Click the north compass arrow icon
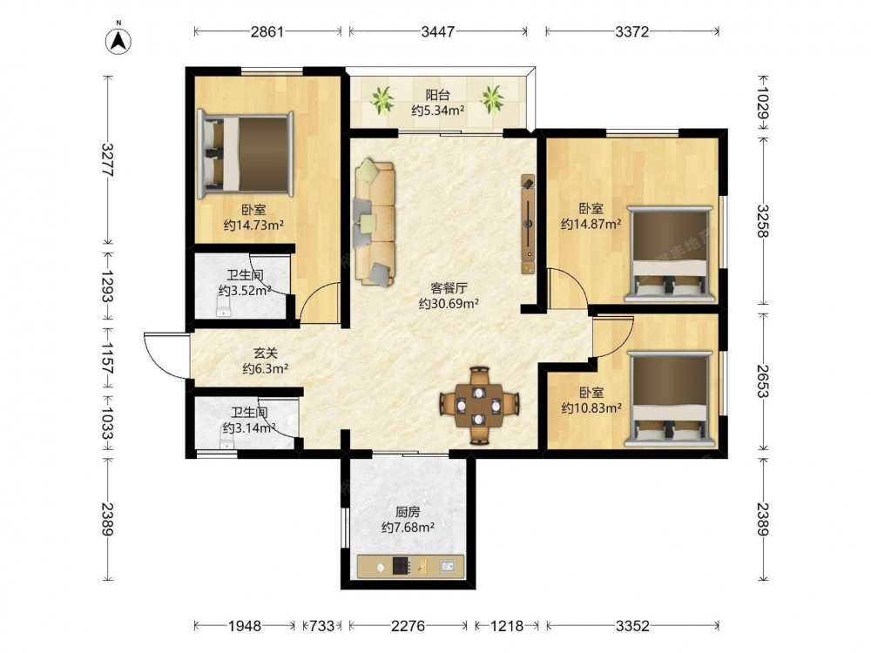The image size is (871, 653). point(118,39)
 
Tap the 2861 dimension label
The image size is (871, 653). point(267,31)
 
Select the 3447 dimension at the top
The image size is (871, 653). point(438,31)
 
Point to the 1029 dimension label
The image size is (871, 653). point(763,102)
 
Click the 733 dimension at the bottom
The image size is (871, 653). point(321,626)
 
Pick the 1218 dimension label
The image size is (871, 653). point(507,626)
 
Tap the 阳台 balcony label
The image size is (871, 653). point(438,95)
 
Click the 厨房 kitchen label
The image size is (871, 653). point(408,511)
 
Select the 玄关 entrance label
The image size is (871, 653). point(265,353)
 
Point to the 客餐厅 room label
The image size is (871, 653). point(449,288)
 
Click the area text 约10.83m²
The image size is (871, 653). point(591,408)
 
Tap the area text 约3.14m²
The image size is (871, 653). point(249,428)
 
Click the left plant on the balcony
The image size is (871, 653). point(382,100)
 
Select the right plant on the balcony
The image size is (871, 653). point(492,99)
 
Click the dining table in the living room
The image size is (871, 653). point(479,406)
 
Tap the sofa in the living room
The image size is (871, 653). point(375,222)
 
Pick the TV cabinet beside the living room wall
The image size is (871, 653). point(528,225)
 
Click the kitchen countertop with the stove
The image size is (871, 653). point(410,567)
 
